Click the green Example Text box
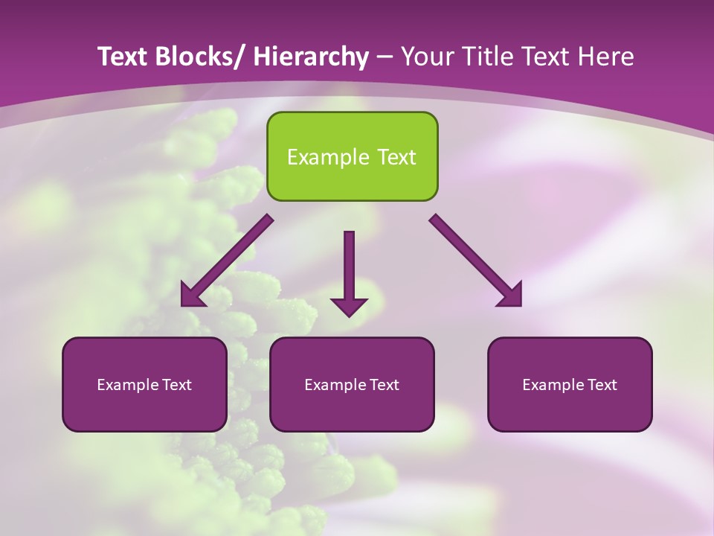[x=352, y=157]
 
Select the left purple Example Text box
[x=144, y=385]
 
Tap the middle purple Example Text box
[x=352, y=385]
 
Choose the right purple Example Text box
[x=570, y=385]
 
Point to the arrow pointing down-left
[x=227, y=261]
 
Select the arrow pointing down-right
[x=476, y=261]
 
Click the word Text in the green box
[x=394, y=157]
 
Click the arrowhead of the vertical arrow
[x=349, y=306]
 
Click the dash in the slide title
[x=385, y=57]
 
